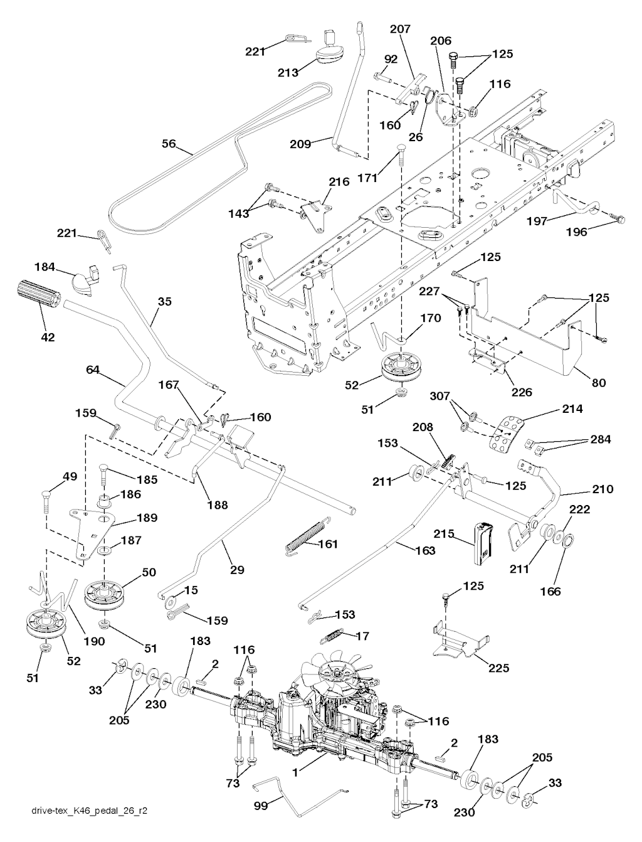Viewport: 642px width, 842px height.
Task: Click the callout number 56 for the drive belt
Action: [169, 144]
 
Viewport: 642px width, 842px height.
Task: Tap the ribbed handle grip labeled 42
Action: [36, 294]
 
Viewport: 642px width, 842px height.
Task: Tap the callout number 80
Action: [599, 381]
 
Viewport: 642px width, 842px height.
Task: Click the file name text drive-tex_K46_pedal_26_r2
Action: [90, 829]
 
